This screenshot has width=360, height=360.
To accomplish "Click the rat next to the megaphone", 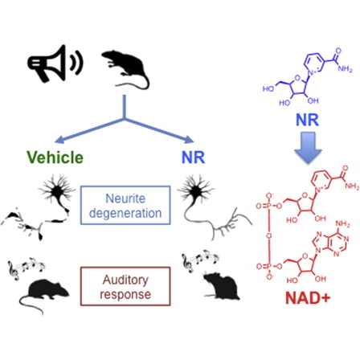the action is (x=125, y=69).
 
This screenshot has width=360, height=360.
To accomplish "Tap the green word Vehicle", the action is (x=55, y=157).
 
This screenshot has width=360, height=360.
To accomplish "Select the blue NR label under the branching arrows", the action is (x=193, y=157).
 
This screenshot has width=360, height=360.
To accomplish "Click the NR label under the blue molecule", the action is (x=307, y=120).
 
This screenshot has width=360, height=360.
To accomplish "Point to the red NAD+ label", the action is (x=308, y=297).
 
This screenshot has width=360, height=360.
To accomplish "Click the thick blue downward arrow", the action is (x=308, y=148).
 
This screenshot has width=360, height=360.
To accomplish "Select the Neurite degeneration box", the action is (x=125, y=205).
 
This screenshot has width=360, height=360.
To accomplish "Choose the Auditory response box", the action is (x=125, y=286).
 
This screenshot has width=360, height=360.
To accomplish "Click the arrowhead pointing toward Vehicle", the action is (x=59, y=140).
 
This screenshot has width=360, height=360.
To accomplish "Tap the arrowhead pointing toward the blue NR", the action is (x=189, y=140).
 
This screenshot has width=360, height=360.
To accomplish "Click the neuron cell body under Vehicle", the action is (x=57, y=191).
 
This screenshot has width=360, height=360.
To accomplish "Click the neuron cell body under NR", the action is (x=196, y=190).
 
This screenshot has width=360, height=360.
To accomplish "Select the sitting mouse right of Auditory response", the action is (x=221, y=285).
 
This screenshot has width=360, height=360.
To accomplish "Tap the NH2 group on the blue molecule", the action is (x=345, y=69).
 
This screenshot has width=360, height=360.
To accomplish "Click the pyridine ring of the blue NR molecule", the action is (x=315, y=63).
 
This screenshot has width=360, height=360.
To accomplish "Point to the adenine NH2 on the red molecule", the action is (x=342, y=223).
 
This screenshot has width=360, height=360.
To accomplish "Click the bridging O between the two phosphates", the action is (x=269, y=236).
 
